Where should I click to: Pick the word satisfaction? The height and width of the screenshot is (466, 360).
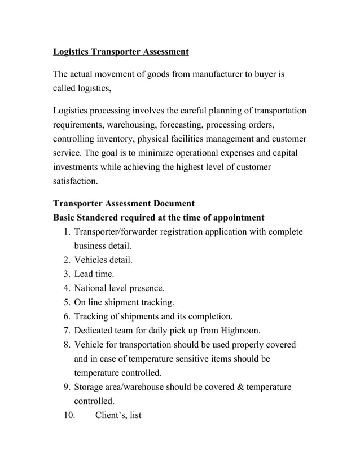click(x=74, y=182)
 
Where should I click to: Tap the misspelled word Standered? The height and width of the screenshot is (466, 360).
click(x=99, y=217)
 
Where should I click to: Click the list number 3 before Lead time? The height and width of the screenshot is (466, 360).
click(x=67, y=274)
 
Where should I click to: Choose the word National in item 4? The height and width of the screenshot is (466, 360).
click(x=91, y=288)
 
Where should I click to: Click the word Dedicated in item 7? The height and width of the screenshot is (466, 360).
click(x=95, y=331)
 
